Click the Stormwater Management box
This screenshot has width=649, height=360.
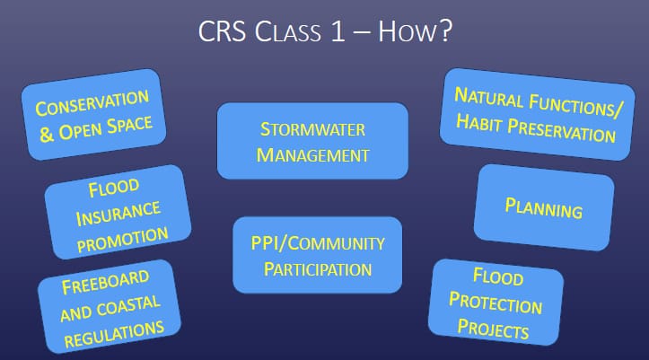pyautogui.click(x=312, y=141)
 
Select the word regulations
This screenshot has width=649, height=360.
pyautogui.click(x=113, y=325)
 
